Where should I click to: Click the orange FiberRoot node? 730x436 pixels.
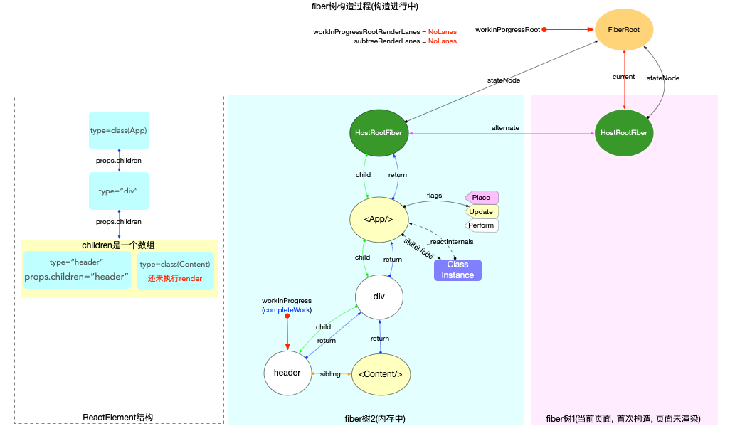(624, 30)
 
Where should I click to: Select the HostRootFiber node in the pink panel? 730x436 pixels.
(624, 133)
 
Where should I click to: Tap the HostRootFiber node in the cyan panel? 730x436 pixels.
(380, 133)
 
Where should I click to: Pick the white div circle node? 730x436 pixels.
(379, 297)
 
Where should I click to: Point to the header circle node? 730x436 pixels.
(287, 373)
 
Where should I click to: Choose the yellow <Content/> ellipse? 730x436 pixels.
(381, 374)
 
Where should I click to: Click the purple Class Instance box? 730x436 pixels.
(457, 270)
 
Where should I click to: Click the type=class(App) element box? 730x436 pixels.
(119, 130)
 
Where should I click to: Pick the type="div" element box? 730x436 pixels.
(119, 191)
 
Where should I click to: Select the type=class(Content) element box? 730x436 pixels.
(176, 270)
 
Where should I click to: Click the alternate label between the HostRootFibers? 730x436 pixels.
(505, 127)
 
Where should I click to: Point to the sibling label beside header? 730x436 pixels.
(330, 374)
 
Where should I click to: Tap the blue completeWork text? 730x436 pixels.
(287, 311)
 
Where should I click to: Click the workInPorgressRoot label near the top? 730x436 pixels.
(507, 30)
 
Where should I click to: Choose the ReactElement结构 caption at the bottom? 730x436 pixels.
(118, 418)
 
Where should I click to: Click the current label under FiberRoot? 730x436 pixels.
(623, 76)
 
